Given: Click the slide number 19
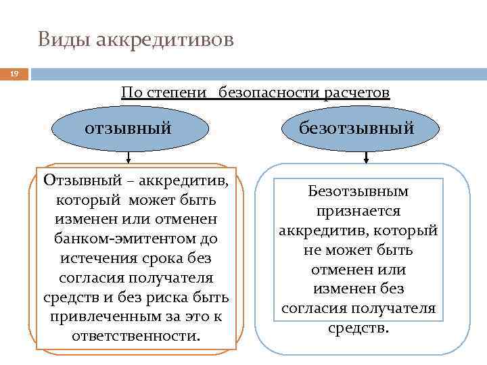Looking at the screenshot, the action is coord(14,74).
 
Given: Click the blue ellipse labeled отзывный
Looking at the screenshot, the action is coord(128,127).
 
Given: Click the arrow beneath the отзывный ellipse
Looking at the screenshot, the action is coord(128,157).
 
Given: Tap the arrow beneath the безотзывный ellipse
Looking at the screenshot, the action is coord(367,157).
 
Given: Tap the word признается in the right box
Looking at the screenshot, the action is coord(358,212).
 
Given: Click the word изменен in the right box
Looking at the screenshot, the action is coord(340,289).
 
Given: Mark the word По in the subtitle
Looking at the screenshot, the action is coord(130,92).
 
